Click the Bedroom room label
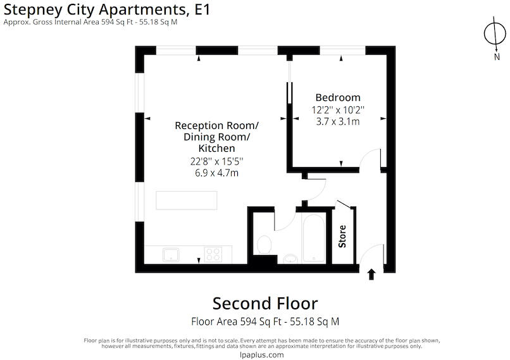coord(338,97)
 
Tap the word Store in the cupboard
coord(342,237)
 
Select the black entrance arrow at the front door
coord(371,275)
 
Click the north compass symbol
coord(495,34)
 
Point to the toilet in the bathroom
coord(264,245)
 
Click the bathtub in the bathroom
coord(313,238)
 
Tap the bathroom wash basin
coord(290,259)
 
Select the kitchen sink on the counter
coord(171,254)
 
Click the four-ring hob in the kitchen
coord(213,254)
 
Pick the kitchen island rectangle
coord(187,201)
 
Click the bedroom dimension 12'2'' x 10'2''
coord(338,110)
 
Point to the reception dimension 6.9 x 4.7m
coord(216,173)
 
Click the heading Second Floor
coord(265,304)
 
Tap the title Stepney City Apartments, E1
coord(107,9)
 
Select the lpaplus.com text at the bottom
coord(261,355)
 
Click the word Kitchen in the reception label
coord(216,148)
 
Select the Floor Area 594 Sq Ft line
coord(265,321)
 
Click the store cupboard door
coord(344,204)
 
